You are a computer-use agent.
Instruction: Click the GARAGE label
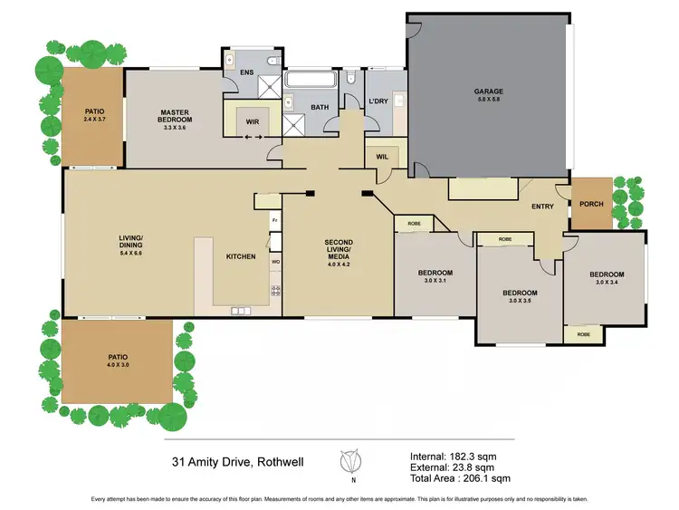(489, 91)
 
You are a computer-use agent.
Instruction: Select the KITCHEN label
(241, 257)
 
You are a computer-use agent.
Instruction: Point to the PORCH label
(591, 204)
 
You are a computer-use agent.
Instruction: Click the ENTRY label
(542, 207)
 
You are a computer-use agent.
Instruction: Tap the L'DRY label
(378, 101)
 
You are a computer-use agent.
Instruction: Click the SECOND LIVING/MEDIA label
(339, 250)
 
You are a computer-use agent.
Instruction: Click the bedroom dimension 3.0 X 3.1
(435, 281)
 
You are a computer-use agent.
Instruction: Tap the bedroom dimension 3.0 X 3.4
(606, 282)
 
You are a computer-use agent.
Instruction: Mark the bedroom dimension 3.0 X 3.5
(520, 301)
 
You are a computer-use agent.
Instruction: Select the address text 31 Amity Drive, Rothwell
(237, 462)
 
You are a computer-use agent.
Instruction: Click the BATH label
(320, 108)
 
